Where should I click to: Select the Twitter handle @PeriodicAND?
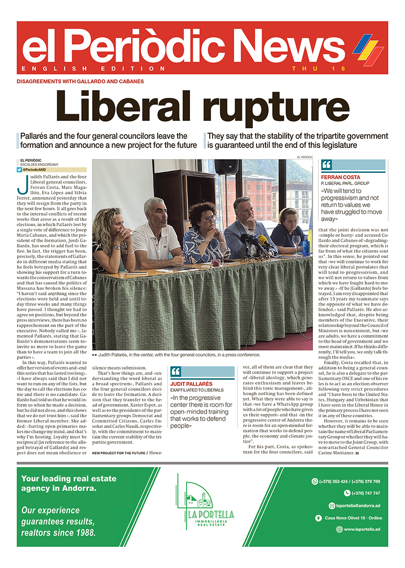pos(36,169)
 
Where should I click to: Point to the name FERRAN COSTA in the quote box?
pos(340,177)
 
